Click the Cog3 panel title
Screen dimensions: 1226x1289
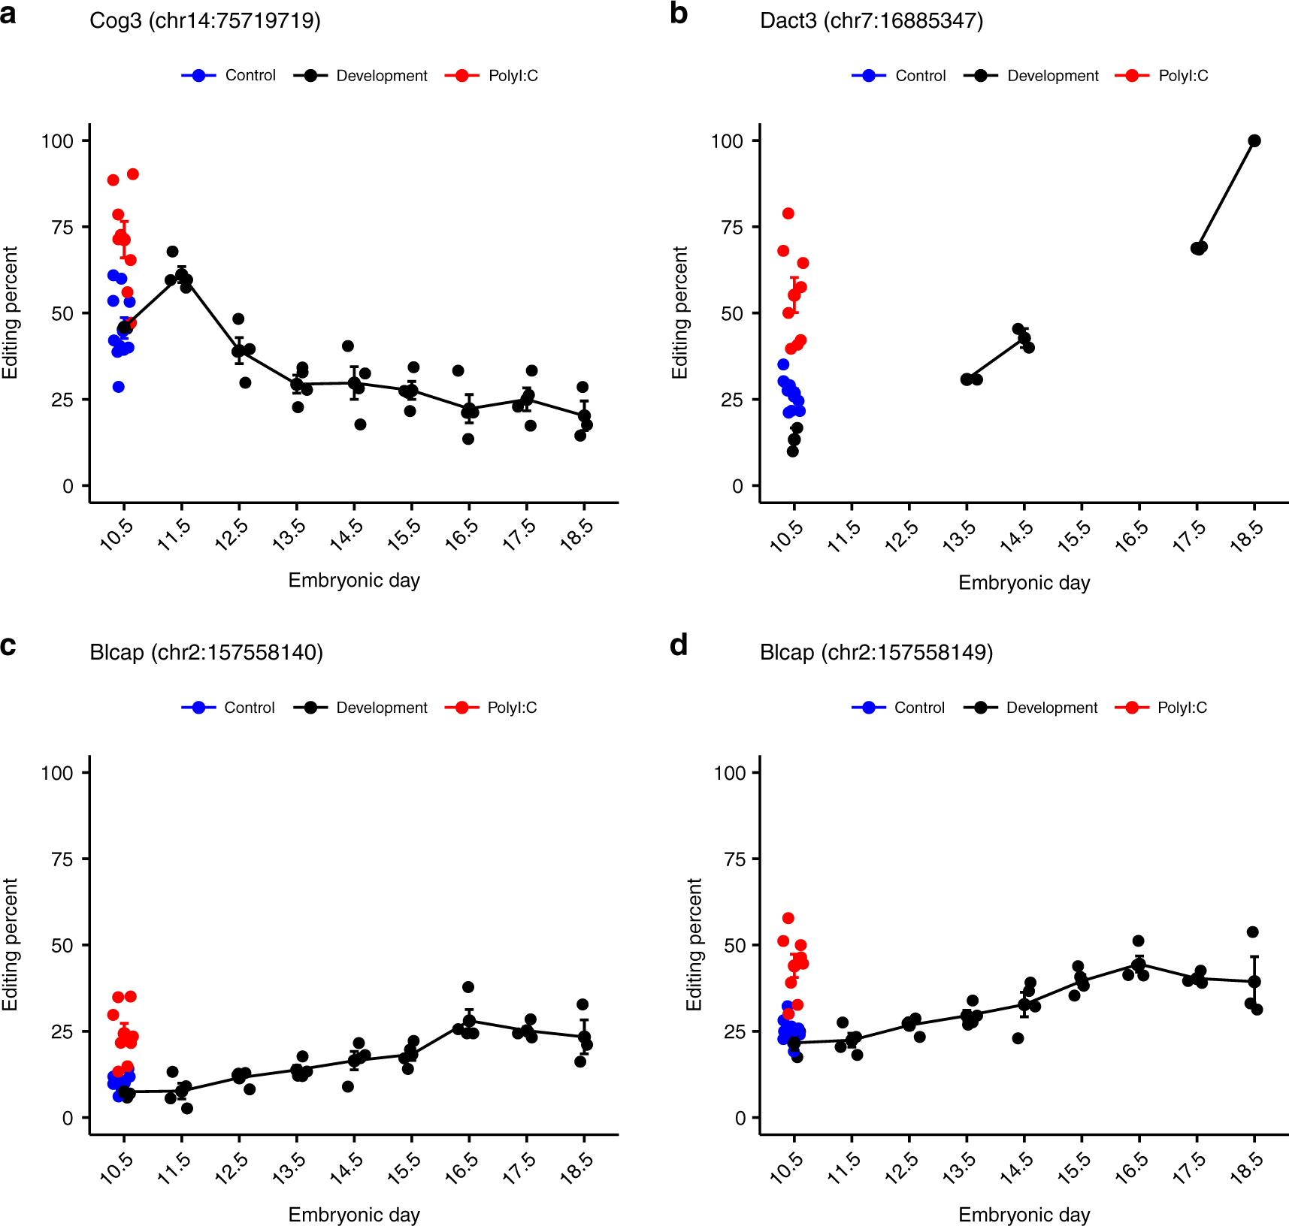(204, 20)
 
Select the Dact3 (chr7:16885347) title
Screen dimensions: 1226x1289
(871, 20)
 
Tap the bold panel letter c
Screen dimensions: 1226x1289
(8, 645)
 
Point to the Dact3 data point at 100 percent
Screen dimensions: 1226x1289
(1254, 140)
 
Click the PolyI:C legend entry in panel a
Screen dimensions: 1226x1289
(492, 75)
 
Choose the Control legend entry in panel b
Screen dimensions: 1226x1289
(899, 75)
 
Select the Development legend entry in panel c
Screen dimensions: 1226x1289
(361, 708)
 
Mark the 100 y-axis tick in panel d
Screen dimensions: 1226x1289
(730, 772)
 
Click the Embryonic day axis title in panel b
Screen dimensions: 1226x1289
(1024, 583)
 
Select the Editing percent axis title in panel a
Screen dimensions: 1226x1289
(10, 313)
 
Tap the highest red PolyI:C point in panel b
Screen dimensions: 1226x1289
(788, 213)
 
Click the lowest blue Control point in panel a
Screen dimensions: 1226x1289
(118, 387)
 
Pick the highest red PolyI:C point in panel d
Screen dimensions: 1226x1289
(788, 918)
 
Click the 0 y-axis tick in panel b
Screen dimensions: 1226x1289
(737, 486)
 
